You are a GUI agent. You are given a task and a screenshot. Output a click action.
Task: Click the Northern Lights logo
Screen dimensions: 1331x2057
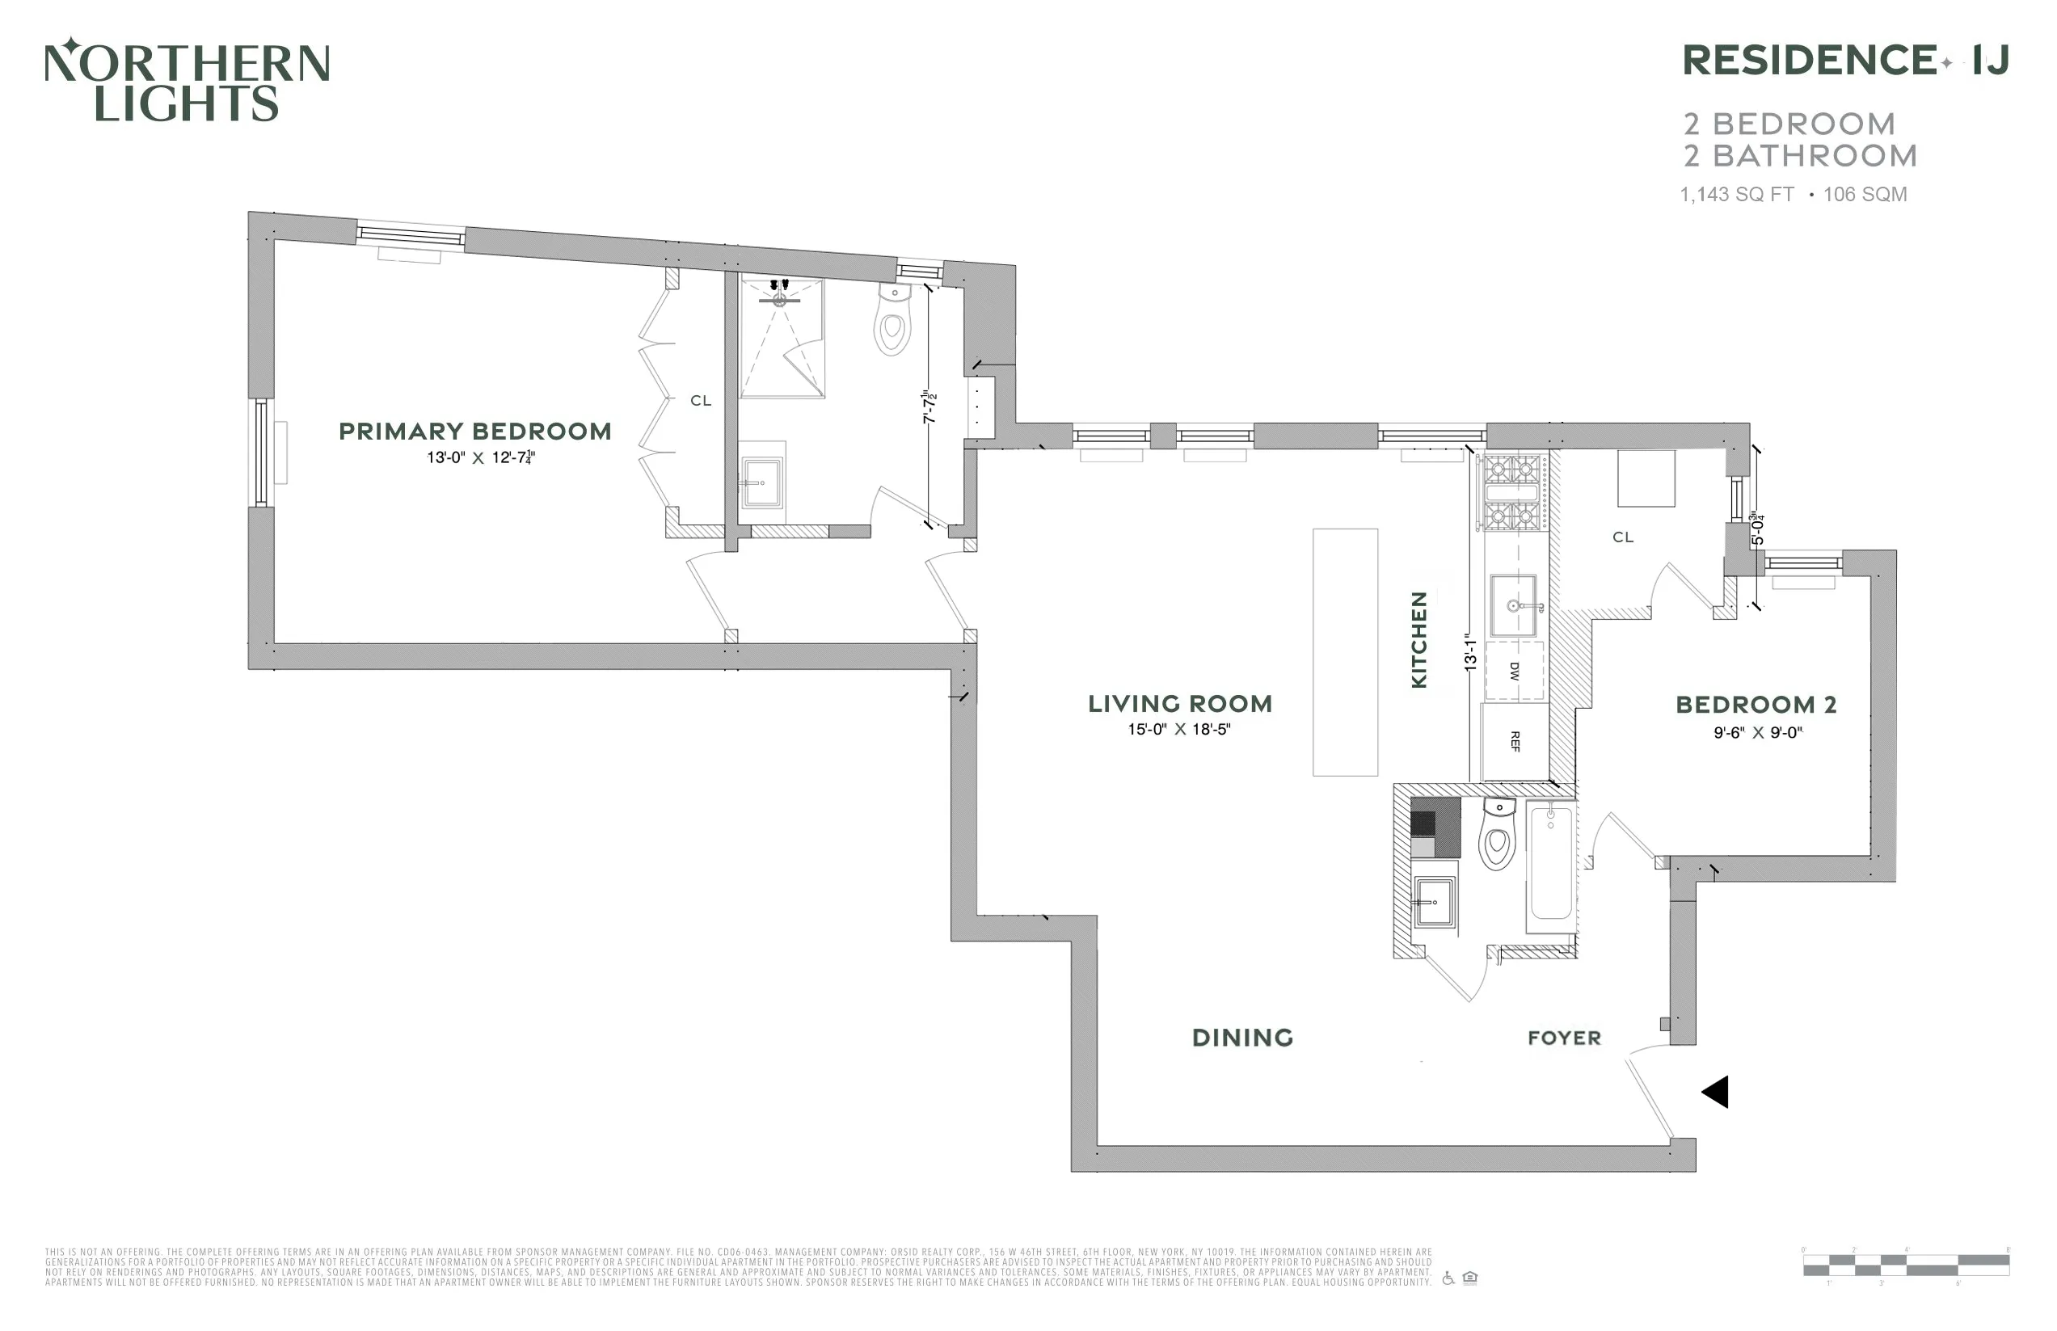point(187,80)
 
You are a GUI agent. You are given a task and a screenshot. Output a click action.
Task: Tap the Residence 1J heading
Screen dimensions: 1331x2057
point(1845,61)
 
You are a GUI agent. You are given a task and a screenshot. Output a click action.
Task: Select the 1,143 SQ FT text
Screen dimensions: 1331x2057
point(1736,195)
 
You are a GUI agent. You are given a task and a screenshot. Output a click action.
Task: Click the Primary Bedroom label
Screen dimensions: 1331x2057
point(474,432)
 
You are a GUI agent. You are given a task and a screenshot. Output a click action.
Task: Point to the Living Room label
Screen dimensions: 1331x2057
point(1180,704)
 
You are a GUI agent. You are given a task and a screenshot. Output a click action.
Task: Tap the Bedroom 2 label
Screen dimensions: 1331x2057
point(1756,705)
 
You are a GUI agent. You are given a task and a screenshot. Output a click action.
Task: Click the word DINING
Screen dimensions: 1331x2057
point(1242,1038)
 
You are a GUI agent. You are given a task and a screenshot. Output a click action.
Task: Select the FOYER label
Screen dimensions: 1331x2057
point(1564,1038)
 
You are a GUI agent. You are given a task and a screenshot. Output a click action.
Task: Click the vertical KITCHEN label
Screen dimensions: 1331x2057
point(1418,639)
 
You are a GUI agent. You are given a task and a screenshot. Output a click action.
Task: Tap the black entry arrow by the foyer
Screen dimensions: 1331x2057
point(1716,1092)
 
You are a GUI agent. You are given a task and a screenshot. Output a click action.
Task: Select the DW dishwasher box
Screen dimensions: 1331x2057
point(1514,671)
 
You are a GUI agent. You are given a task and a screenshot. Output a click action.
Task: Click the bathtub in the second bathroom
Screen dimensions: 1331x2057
point(1551,864)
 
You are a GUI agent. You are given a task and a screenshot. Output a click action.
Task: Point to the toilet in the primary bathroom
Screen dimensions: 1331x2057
point(893,322)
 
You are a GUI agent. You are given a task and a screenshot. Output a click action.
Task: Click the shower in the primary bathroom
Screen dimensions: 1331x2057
point(781,339)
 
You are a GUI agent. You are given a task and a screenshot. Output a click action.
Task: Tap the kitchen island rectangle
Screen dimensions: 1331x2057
point(1345,652)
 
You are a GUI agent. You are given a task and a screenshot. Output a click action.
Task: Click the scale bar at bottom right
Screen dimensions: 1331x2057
point(1905,1266)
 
